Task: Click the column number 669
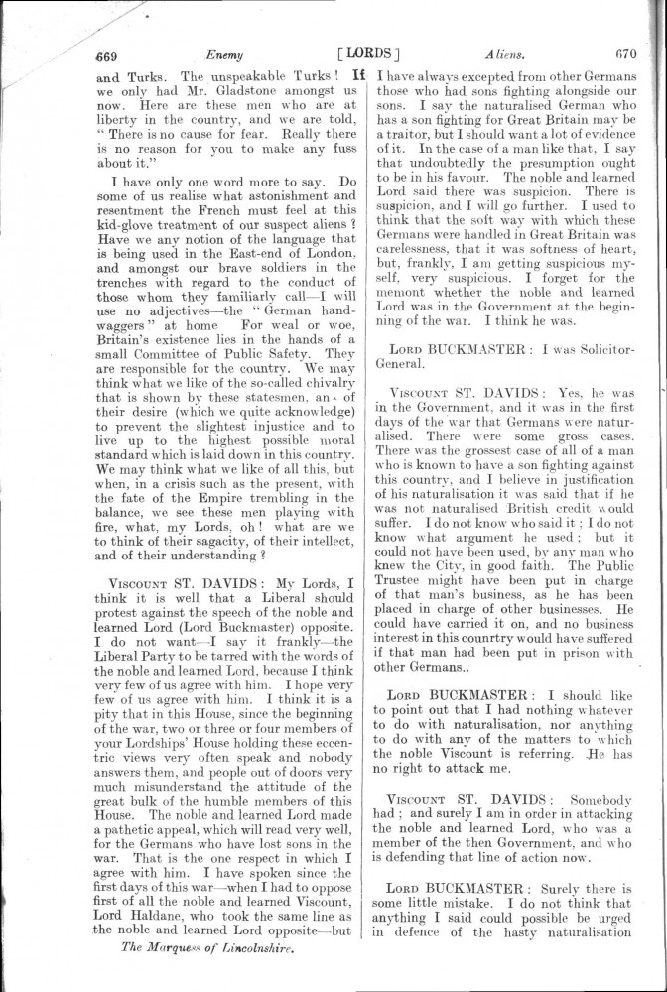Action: coord(107,55)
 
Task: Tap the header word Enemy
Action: coord(224,55)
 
